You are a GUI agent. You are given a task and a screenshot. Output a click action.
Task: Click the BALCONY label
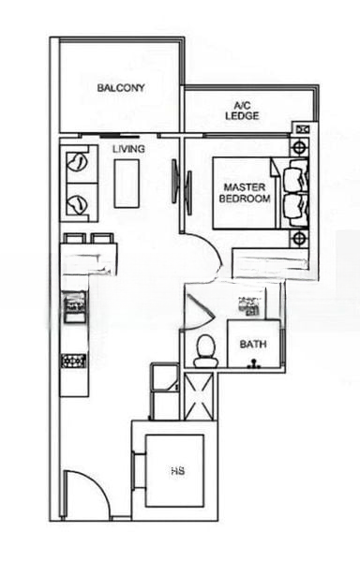pyautogui.click(x=120, y=88)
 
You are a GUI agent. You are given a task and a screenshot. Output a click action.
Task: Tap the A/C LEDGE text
pyautogui.click(x=242, y=111)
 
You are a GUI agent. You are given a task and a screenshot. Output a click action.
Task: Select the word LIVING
pyautogui.click(x=128, y=149)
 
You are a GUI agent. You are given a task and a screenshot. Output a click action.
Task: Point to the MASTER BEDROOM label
pyautogui.click(x=245, y=193)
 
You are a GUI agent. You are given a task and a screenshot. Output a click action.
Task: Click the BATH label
pyautogui.click(x=252, y=344)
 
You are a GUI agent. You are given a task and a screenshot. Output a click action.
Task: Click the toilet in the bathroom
pyautogui.click(x=205, y=350)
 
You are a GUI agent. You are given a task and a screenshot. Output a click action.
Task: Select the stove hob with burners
pyautogui.click(x=74, y=361)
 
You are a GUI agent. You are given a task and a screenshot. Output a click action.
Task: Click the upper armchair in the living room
pyautogui.click(x=78, y=167)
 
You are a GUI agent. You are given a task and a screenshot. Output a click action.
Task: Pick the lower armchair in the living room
pyautogui.click(x=78, y=201)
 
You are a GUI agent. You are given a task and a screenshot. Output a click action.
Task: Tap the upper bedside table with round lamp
pyautogui.click(x=300, y=147)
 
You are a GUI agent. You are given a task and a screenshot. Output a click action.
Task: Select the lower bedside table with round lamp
pyautogui.click(x=300, y=238)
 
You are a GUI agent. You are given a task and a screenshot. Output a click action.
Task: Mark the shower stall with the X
pyautogui.click(x=200, y=395)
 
